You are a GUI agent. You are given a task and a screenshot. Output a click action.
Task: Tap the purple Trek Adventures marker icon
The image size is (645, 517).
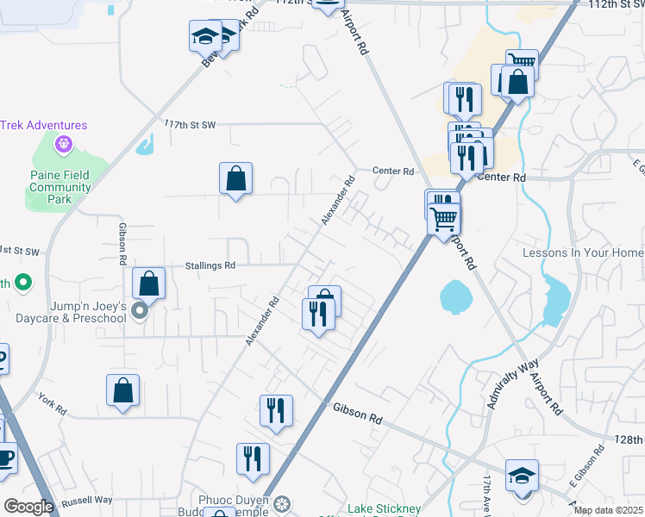coord(62,144)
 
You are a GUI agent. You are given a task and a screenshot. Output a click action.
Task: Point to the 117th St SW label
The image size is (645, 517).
coord(190,125)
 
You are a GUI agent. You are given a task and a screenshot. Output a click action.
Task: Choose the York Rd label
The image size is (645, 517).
coord(52,402)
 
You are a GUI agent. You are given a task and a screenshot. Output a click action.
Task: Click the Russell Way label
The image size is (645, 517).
coord(87,500)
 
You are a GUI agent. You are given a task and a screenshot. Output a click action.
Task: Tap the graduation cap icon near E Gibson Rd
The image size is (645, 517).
coord(522,476)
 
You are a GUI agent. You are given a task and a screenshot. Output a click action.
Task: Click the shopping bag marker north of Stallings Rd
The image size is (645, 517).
coord(235,178)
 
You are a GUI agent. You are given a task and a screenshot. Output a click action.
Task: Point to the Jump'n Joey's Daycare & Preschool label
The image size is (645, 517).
coord(71,312)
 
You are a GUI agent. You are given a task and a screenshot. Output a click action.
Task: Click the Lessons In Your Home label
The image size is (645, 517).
coord(583,252)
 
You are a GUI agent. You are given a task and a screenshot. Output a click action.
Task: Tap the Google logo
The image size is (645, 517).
coord(28,507)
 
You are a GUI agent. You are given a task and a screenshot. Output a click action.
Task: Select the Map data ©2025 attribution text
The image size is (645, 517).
coord(608,510)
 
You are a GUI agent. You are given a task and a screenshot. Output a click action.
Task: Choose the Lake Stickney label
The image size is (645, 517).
coord(384,508)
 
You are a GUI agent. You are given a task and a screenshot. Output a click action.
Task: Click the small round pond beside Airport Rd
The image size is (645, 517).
coord(455,297)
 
